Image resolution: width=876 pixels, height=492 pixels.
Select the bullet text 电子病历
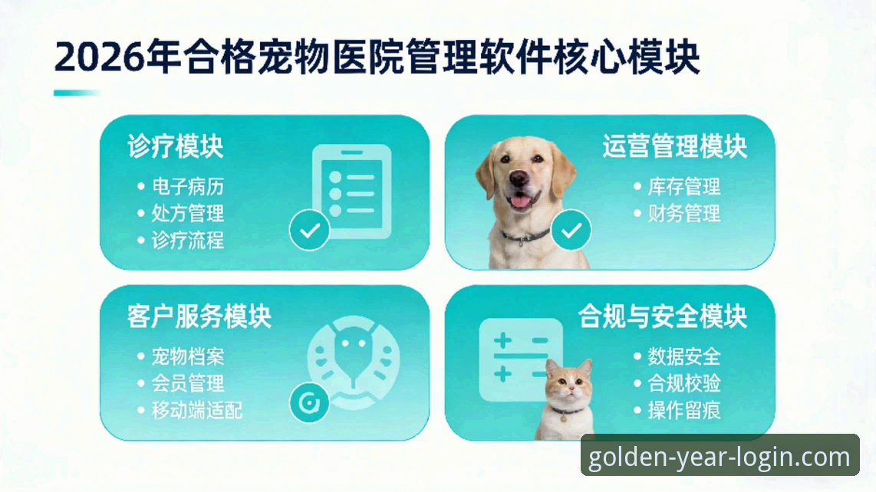click(x=188, y=186)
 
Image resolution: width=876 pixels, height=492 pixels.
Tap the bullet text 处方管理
click(x=188, y=213)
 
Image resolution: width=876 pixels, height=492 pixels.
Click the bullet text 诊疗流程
click(x=188, y=240)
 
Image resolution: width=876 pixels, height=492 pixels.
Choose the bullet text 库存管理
click(x=684, y=186)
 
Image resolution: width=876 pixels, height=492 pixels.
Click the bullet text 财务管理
click(x=684, y=213)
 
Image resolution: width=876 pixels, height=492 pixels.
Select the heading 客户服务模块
click(x=199, y=316)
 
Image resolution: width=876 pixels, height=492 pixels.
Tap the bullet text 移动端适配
click(x=197, y=410)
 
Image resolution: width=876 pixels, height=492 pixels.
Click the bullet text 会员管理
click(x=188, y=383)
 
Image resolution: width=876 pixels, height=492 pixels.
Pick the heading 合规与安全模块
click(x=663, y=316)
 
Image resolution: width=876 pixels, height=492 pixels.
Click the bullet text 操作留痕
click(x=684, y=410)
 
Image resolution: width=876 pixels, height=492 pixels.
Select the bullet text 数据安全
click(x=684, y=356)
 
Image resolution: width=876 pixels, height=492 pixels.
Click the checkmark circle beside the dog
click(x=571, y=231)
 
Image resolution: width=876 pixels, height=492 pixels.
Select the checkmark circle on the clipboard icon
click(x=309, y=231)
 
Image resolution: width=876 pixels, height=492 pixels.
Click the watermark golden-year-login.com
click(x=720, y=458)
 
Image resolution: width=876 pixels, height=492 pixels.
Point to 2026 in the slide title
click(x=99, y=58)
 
